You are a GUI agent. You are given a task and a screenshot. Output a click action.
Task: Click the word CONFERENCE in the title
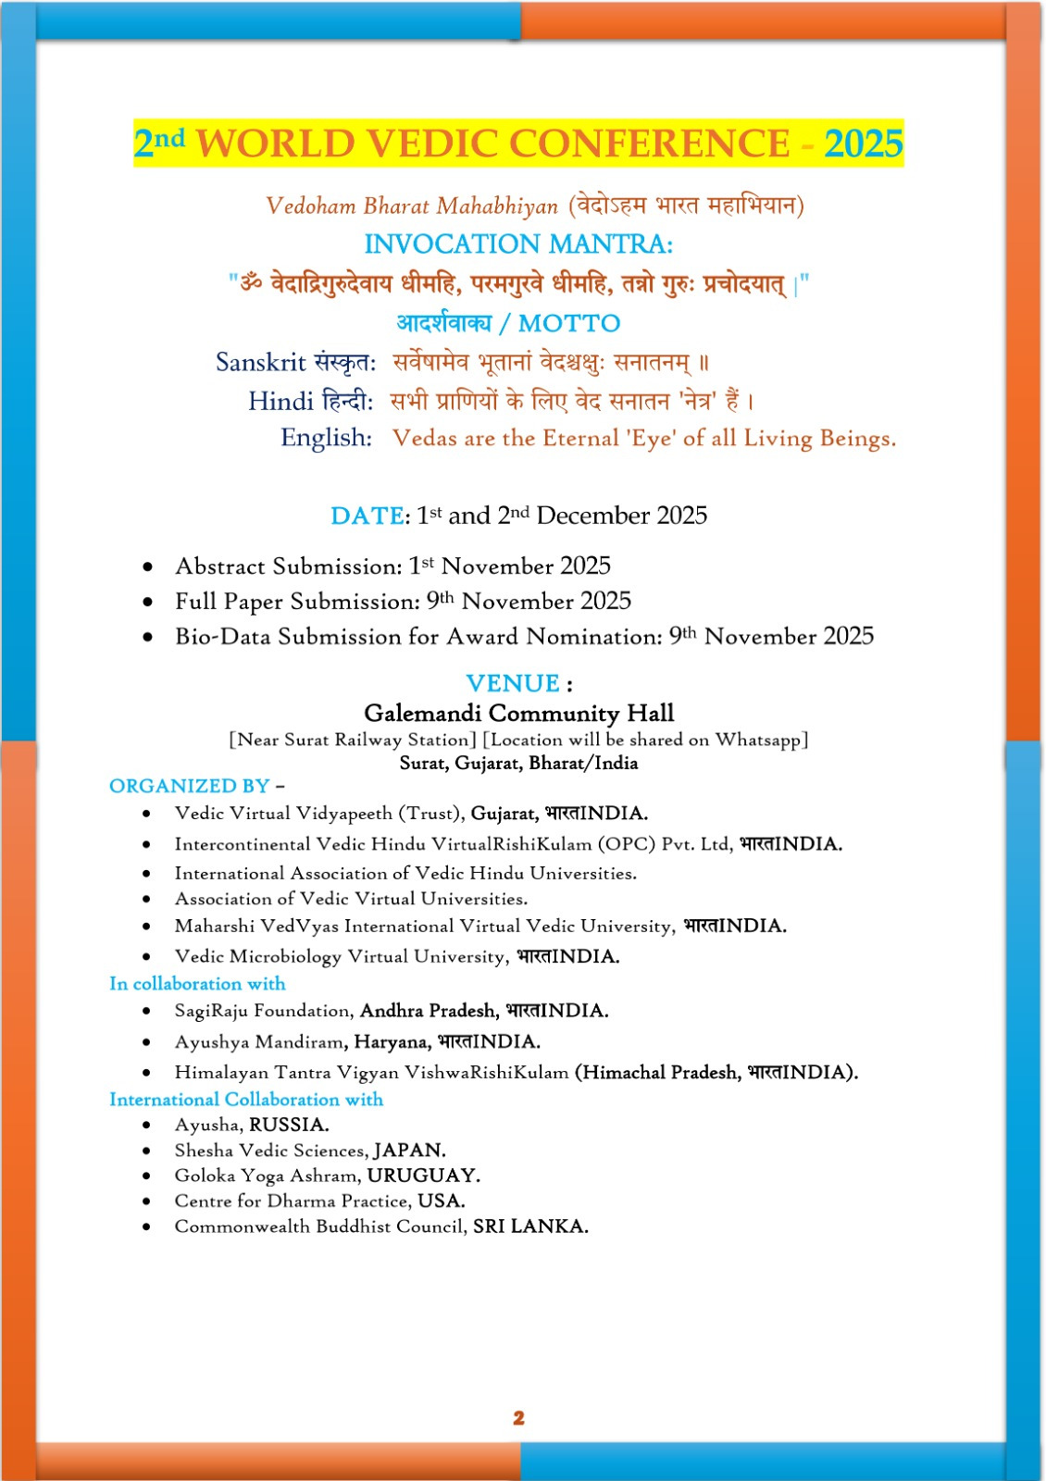[649, 143]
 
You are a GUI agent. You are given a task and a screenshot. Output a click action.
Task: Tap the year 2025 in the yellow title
[863, 143]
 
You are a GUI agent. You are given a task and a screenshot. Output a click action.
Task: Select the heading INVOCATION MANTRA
[518, 244]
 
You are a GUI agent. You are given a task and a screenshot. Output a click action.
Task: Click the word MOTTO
[569, 323]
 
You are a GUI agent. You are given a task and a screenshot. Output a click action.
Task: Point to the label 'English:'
[326, 438]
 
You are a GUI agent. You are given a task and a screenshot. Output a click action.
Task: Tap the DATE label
[367, 516]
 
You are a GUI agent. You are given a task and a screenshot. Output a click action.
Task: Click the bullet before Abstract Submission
[148, 566]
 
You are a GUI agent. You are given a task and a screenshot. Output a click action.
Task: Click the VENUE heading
[513, 683]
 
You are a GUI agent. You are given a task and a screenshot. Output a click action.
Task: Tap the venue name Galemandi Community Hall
[518, 713]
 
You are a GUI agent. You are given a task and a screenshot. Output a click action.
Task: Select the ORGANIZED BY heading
[190, 786]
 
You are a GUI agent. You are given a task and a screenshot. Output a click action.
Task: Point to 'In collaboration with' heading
[197, 984]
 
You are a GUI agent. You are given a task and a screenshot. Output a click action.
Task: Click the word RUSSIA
[289, 1125]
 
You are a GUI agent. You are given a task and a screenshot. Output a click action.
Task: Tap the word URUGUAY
[423, 1176]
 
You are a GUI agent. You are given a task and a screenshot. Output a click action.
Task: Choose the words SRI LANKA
[530, 1226]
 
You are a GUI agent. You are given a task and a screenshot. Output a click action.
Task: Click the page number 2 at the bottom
[518, 1417]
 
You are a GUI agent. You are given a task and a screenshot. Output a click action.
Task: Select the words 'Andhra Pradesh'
[429, 1011]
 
